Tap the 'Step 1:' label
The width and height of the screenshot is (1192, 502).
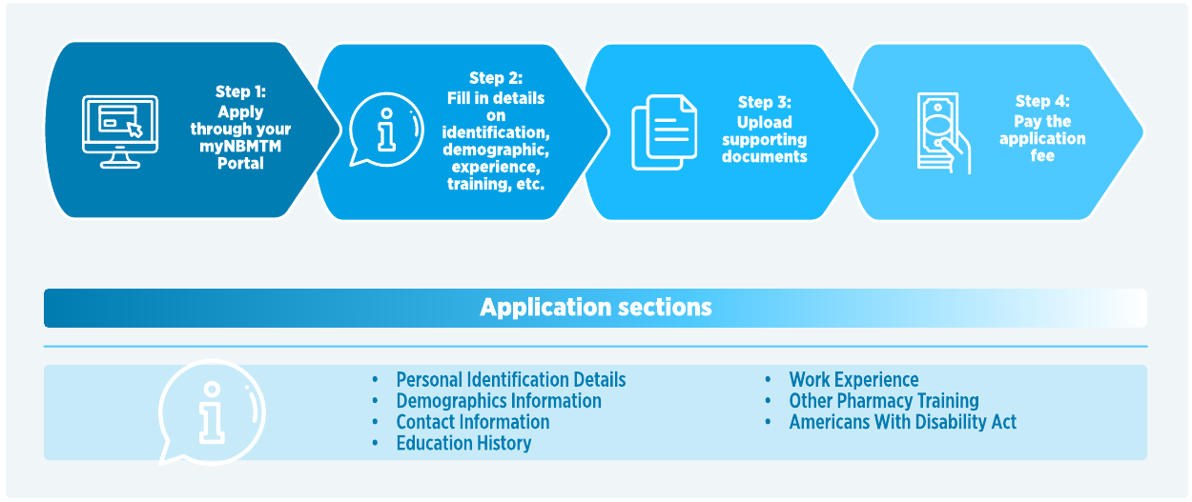(x=240, y=92)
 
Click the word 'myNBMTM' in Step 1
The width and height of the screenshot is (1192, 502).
(x=240, y=147)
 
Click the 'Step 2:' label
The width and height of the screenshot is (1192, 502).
(x=496, y=78)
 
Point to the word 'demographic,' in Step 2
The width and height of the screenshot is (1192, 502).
(x=496, y=150)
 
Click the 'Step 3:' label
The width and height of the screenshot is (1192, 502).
(x=765, y=103)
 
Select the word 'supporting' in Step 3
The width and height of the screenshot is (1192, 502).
(x=765, y=139)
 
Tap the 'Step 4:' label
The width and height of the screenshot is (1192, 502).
(x=1042, y=102)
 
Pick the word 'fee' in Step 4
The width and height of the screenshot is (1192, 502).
(x=1042, y=156)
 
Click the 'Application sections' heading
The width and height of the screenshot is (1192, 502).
(x=595, y=308)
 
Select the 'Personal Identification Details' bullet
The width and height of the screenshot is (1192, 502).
(x=510, y=380)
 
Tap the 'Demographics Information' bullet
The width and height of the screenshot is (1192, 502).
(x=498, y=401)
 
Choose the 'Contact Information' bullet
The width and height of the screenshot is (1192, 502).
(x=472, y=422)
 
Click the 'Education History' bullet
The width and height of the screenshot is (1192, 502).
(x=463, y=444)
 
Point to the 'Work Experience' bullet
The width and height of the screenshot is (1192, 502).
(x=853, y=380)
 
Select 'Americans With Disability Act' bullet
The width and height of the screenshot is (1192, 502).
(x=902, y=422)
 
